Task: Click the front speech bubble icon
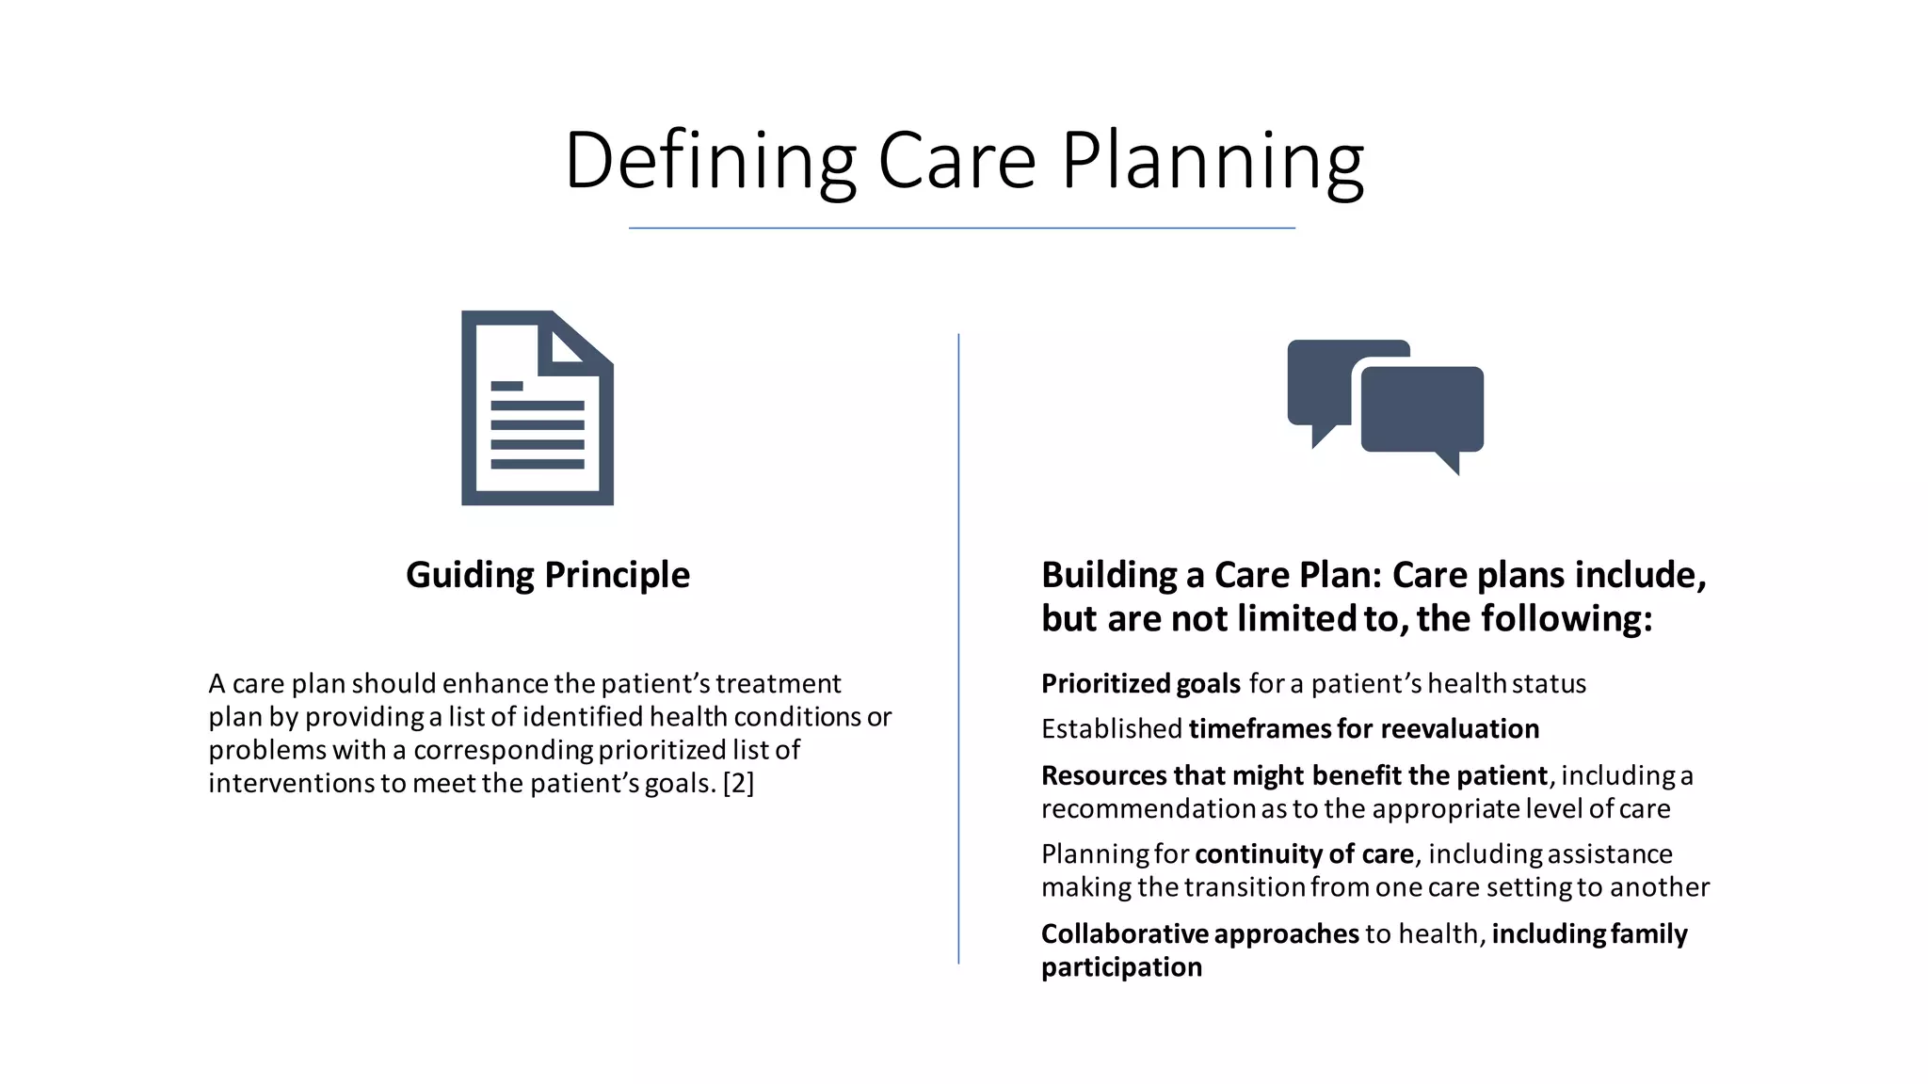(1422, 409)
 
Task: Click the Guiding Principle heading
(547, 574)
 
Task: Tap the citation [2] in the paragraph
(738, 783)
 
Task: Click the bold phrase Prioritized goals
(1140, 683)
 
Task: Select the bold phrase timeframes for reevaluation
(1363, 728)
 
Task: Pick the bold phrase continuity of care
(1304, 853)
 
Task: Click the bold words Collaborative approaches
(1199, 933)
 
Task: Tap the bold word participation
(1121, 967)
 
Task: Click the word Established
(1111, 728)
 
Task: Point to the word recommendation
(1149, 808)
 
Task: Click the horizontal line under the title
(961, 228)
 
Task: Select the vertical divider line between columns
(958, 649)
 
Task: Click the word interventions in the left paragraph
(292, 783)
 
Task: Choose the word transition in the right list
(1244, 887)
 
